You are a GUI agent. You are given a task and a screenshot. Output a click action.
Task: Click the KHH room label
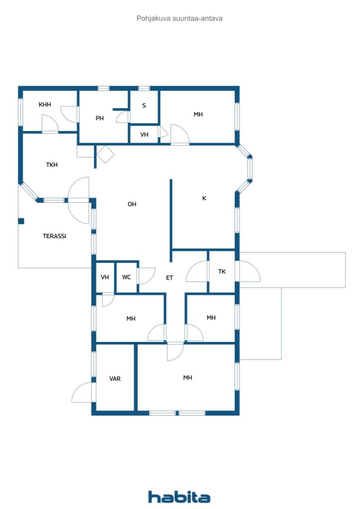point(45,104)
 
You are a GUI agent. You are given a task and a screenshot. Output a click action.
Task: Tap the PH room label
point(99,118)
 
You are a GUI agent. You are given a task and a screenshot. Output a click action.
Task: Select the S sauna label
point(144,105)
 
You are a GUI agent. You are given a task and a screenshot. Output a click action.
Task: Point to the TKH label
point(52,165)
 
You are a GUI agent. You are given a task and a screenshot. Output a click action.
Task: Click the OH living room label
point(132,204)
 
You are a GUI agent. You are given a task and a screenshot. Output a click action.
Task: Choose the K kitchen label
point(204,198)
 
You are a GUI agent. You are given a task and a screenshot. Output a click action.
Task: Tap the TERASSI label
point(55,236)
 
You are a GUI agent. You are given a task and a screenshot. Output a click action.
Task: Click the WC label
point(126,277)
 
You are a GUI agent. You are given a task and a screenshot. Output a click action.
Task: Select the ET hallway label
point(170,278)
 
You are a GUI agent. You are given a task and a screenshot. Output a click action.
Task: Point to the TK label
point(222,271)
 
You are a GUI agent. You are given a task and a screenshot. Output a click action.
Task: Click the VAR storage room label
point(115,378)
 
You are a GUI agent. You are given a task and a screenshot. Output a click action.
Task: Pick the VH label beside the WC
point(105,277)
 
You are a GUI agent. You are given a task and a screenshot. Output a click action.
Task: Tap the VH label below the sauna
point(144,134)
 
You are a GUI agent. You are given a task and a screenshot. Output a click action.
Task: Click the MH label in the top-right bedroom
point(198,114)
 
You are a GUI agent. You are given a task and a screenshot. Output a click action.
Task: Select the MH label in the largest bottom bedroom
point(187,378)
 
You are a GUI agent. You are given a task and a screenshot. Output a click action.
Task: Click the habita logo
point(179,497)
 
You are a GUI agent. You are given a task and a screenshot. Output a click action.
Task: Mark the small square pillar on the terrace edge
point(21,221)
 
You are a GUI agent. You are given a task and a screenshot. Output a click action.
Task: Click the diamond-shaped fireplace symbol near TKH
point(105,155)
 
